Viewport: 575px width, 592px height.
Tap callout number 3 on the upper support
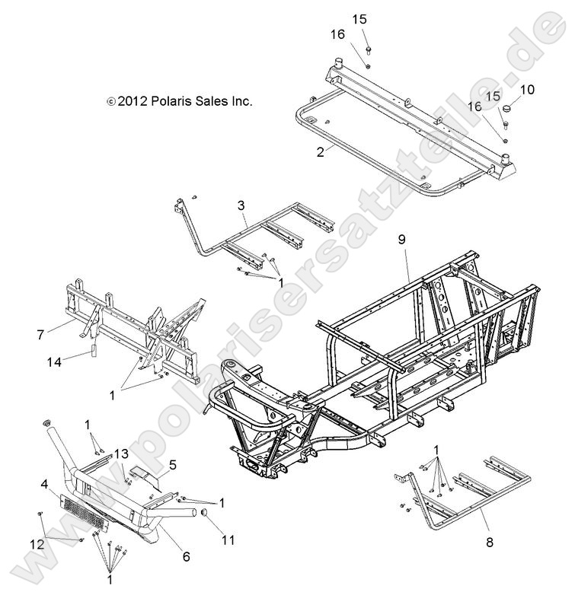[241, 206]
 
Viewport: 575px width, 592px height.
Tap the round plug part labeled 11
[205, 518]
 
